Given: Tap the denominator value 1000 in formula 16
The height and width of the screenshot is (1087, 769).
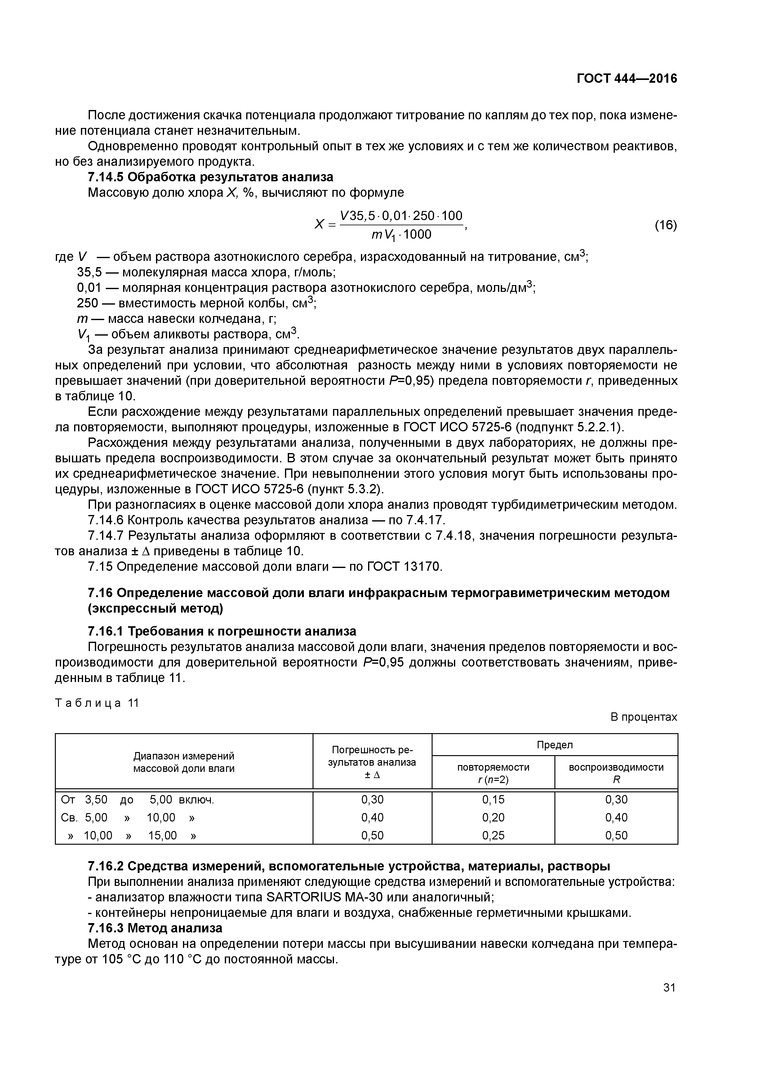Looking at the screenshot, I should [x=417, y=234].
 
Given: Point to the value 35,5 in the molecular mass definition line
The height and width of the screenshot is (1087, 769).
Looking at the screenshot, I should [x=89, y=273].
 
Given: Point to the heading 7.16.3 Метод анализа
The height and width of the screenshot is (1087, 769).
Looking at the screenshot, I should [x=155, y=941].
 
